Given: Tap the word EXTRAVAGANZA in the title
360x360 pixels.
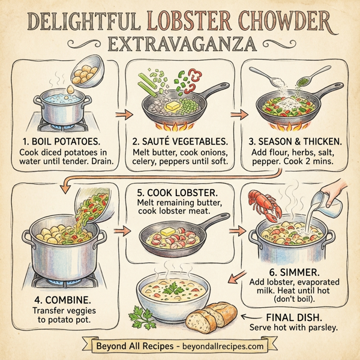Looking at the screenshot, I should coord(180,44).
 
